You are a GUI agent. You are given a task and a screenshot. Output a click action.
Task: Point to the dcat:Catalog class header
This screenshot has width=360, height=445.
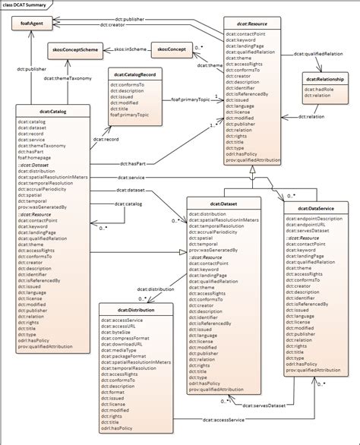pyautogui.click(x=51, y=110)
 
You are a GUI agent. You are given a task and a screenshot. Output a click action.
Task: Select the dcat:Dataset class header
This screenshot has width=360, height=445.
pyautogui.click(x=225, y=204)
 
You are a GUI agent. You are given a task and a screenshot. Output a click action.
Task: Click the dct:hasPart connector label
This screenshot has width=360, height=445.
pyautogui.click(x=134, y=163)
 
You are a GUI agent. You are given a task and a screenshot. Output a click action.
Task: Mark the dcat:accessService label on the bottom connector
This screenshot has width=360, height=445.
pyautogui.click(x=224, y=420)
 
